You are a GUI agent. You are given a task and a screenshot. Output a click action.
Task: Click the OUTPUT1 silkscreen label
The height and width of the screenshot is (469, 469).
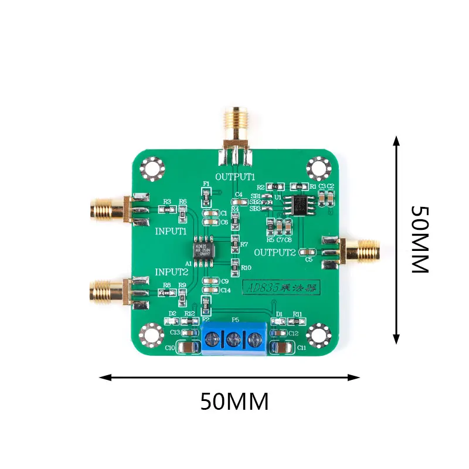(235, 176)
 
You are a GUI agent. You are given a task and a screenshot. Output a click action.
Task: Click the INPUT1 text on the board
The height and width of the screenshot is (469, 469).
(171, 231)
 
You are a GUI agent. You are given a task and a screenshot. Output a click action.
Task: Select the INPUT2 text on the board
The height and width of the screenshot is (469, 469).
(171, 272)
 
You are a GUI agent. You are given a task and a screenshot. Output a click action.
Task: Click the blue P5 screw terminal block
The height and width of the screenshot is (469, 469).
(234, 339)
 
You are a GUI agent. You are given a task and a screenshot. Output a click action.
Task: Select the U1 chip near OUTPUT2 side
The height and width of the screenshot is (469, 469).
(298, 205)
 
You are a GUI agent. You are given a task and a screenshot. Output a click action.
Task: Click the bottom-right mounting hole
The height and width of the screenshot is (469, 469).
(318, 335)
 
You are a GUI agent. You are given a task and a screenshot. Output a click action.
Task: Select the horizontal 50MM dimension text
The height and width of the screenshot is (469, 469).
(235, 402)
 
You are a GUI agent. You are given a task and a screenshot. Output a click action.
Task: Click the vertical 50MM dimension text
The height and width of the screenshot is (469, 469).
(420, 239)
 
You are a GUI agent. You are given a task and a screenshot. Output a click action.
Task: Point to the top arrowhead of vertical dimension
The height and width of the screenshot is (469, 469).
(397, 140)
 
